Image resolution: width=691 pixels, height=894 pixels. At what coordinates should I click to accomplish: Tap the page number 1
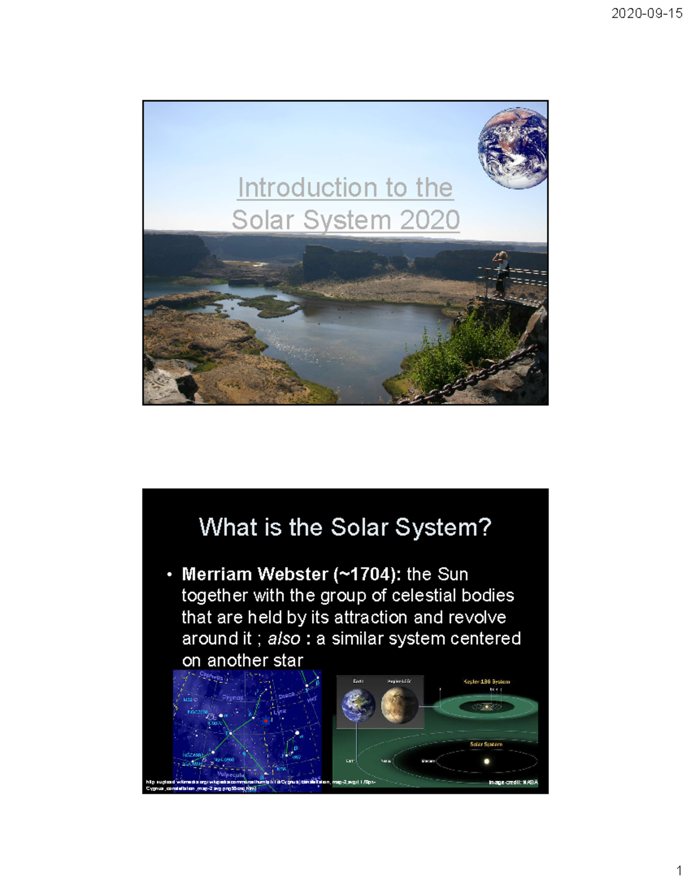click(679, 870)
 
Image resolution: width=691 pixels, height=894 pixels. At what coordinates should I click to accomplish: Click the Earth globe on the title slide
click(512, 148)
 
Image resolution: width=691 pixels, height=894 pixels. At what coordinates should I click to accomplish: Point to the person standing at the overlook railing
click(502, 273)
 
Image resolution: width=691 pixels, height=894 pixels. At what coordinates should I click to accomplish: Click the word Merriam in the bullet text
click(217, 574)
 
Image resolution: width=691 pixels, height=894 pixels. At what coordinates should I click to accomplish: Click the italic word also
click(284, 638)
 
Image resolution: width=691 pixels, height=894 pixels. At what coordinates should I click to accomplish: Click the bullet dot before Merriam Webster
click(169, 575)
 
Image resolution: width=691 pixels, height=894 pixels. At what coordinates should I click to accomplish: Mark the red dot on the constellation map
click(265, 720)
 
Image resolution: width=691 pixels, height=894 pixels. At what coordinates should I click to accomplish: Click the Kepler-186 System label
click(487, 682)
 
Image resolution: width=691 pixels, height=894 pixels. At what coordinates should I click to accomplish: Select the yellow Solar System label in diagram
click(486, 744)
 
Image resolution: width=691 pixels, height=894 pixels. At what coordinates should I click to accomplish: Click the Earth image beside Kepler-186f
click(358, 706)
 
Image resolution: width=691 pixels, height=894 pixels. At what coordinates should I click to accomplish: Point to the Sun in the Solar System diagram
click(487, 761)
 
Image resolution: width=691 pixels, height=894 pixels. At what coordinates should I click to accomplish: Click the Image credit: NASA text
click(513, 782)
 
